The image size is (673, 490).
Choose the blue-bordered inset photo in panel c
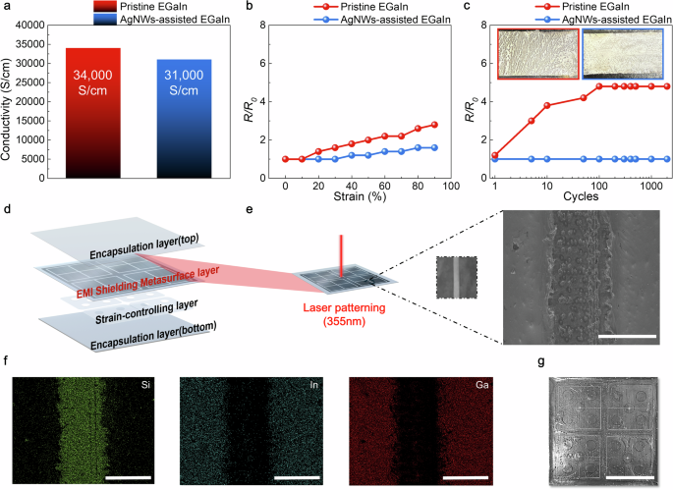click(x=622, y=54)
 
